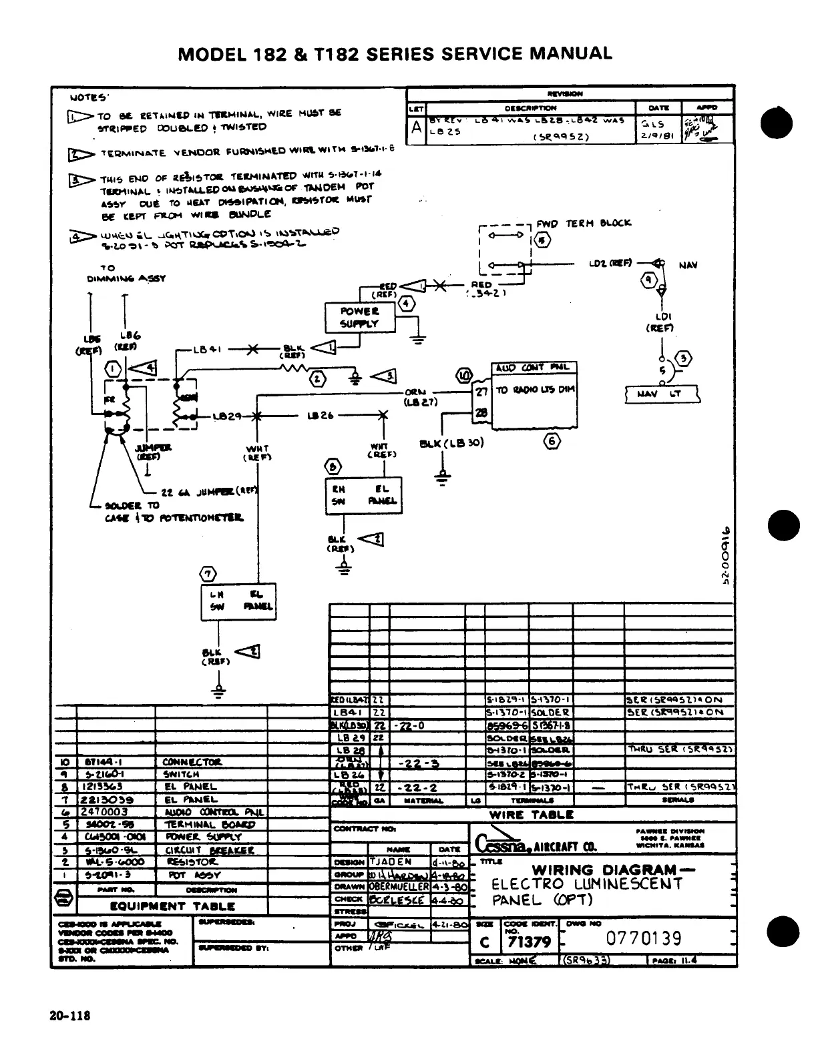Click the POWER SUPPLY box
pyautogui.click(x=359, y=318)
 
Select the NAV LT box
pyautogui.click(x=662, y=394)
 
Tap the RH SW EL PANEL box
pyautogui.click(x=363, y=495)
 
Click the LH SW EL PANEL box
pyautogui.click(x=238, y=602)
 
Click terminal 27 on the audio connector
pyautogui.click(x=481, y=392)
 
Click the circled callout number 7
pyautogui.click(x=209, y=573)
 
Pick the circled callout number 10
pyautogui.click(x=463, y=376)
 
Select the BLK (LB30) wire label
pyautogui.click(x=451, y=443)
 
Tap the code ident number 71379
pyautogui.click(x=529, y=942)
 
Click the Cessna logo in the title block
pyautogui.click(x=501, y=844)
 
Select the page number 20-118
pyautogui.click(x=69, y=1016)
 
